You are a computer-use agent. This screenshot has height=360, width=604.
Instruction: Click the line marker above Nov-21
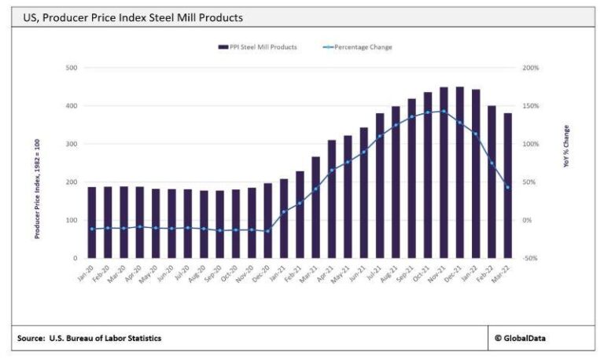coord(444,111)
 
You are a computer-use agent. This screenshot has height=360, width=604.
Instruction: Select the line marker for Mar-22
coord(507,187)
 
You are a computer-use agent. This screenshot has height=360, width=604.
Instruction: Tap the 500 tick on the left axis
coord(72,68)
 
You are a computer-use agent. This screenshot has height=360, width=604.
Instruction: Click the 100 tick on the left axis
coord(72,220)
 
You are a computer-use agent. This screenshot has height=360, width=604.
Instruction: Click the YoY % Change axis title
coord(566,148)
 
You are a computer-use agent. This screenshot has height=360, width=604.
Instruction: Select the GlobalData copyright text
coord(524,338)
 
